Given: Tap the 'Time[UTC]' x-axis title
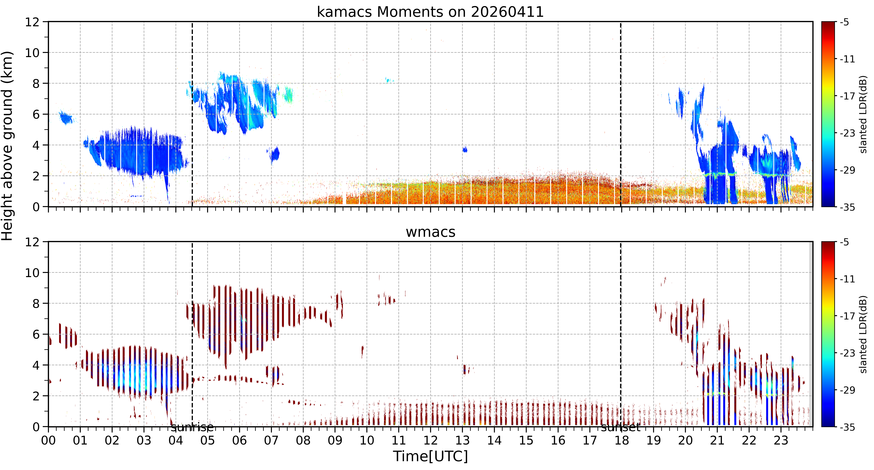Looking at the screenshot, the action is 430,456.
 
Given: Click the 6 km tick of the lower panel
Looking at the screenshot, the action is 36,334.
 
